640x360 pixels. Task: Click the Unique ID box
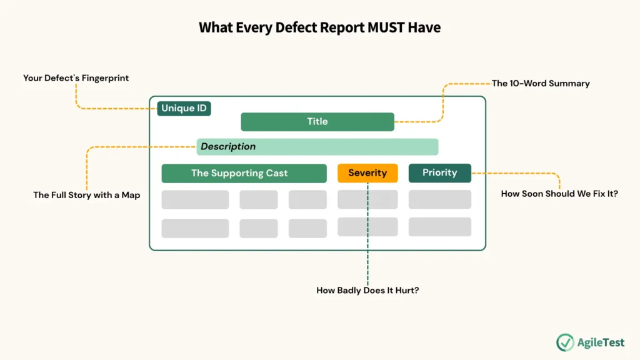pyautogui.click(x=184, y=108)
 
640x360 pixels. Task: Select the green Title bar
pyautogui.click(x=317, y=122)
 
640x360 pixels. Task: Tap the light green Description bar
pyautogui.click(x=317, y=147)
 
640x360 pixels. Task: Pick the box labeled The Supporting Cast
pyautogui.click(x=244, y=173)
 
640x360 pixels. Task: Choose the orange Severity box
pyautogui.click(x=367, y=173)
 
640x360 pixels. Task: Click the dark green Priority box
pyautogui.click(x=440, y=173)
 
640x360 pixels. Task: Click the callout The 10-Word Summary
pyautogui.click(x=541, y=83)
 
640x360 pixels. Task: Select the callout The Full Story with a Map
pyautogui.click(x=87, y=195)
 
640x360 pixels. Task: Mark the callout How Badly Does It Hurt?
pyautogui.click(x=367, y=291)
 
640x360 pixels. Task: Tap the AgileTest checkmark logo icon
pyautogui.click(x=565, y=342)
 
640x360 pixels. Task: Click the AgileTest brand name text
pyautogui.click(x=601, y=342)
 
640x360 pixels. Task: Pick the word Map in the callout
pyautogui.click(x=131, y=195)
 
